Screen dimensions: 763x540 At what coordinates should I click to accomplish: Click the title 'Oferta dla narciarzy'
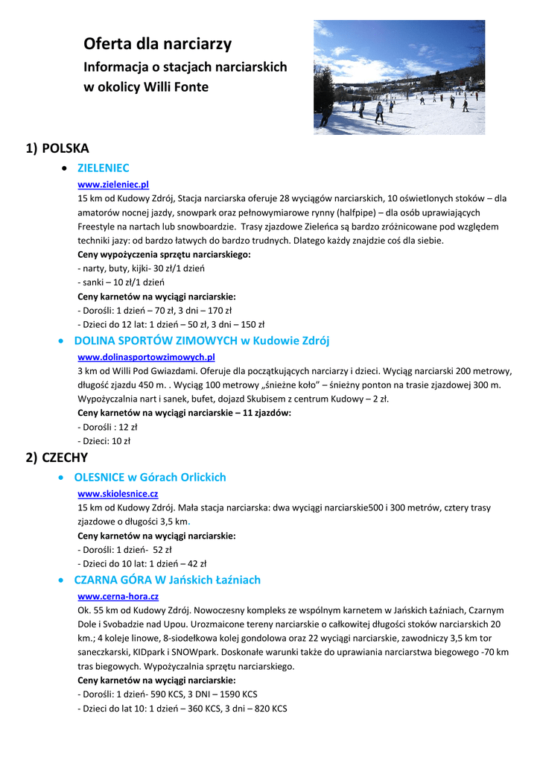(x=157, y=44)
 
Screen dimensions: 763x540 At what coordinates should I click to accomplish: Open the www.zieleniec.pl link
(x=113, y=184)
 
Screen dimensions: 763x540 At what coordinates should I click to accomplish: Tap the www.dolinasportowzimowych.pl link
(x=146, y=358)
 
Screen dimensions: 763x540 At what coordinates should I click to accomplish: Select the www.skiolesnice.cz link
(x=118, y=494)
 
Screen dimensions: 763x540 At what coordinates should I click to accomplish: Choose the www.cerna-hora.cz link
(x=118, y=597)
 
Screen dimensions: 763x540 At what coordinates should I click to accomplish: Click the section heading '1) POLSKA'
(x=57, y=148)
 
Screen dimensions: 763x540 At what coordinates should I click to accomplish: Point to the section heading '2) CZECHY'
(x=57, y=458)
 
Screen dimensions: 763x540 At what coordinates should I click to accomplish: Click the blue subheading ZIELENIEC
(x=103, y=168)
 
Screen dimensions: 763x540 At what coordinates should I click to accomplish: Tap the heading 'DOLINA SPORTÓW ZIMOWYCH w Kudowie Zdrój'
(x=201, y=341)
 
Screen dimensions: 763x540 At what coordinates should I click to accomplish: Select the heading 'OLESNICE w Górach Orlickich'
(x=150, y=478)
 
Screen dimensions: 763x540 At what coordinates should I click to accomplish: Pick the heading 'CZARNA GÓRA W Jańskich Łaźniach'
(x=167, y=580)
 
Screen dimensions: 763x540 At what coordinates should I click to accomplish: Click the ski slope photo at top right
(x=398, y=77)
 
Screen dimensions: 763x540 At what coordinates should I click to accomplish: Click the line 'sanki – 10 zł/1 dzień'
(x=121, y=282)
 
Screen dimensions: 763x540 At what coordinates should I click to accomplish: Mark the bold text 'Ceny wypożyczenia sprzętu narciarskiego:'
(x=164, y=255)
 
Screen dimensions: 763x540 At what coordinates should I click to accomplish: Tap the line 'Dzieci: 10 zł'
(x=104, y=441)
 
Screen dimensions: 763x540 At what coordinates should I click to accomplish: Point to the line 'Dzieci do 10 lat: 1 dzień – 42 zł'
(x=142, y=564)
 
